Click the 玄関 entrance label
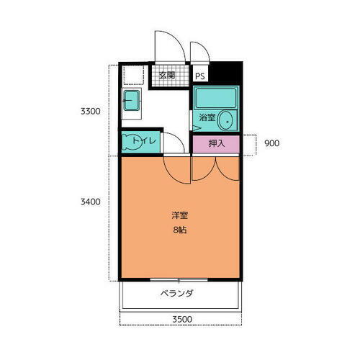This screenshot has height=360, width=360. point(167,75)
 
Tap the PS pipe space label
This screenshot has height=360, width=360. point(199,76)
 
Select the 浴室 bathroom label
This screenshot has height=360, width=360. point(207,116)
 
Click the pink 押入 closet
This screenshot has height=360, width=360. point(216,143)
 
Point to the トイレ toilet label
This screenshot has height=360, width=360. point(145,141)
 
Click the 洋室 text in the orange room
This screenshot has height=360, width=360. point(180,215)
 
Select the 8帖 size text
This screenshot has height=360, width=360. point(180,230)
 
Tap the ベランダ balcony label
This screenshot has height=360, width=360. point(176,294)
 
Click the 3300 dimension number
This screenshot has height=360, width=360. point(89,112)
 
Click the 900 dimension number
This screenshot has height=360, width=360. point(271,143)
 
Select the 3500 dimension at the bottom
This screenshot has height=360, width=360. point(181,319)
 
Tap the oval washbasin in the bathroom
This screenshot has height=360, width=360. point(226,120)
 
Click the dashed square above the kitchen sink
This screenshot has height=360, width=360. point(132,76)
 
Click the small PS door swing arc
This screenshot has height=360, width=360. point(199,52)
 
